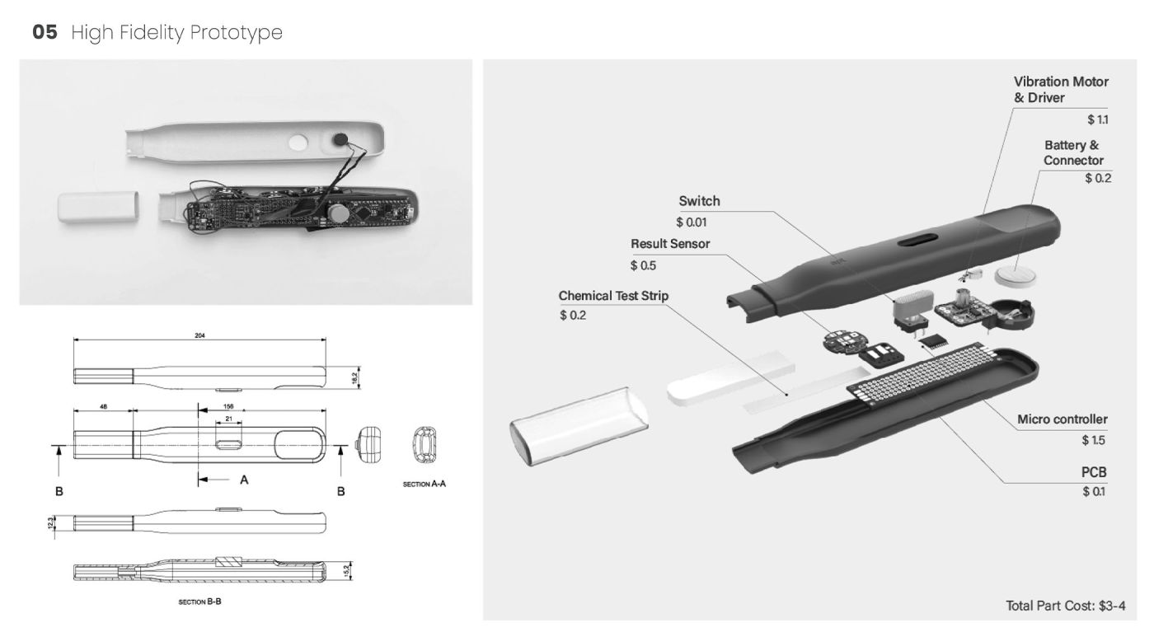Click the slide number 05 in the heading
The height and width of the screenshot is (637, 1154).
[45, 34]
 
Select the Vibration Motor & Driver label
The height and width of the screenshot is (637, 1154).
[1061, 89]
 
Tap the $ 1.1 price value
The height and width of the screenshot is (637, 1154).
[1097, 120]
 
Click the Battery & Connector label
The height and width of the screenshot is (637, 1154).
[1073, 152]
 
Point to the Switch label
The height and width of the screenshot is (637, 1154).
[699, 202]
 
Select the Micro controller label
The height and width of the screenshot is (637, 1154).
[1062, 419]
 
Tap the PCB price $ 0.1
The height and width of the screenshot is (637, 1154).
[1094, 492]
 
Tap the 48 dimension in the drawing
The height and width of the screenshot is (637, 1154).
[102, 405]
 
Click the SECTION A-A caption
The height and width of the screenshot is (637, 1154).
[424, 485]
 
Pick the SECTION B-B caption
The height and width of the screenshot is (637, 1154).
[200, 602]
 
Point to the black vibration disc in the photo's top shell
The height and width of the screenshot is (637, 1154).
[339, 140]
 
